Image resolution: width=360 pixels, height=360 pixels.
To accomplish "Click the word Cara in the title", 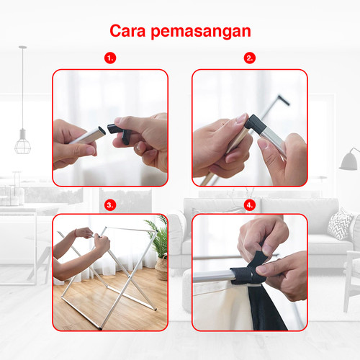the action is pos(127,31).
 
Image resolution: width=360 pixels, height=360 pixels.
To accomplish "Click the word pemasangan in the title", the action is pos(201,32).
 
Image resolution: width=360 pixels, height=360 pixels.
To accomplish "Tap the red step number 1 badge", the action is pos(110,58).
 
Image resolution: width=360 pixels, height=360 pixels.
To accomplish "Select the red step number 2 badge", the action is pos(250,58).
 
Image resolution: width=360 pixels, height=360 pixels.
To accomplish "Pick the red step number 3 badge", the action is pos(110,205).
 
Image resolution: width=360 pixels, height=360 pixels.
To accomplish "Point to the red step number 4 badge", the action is pos(250,205).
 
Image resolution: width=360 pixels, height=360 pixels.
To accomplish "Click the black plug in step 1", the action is pos(120,132).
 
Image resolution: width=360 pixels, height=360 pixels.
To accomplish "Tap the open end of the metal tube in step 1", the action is pos(102,131).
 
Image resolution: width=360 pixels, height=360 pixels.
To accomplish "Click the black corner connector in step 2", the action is pos(254,123).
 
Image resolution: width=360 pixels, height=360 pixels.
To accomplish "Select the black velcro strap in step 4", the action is pos(250,271).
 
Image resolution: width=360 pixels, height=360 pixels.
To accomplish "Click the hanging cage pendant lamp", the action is pos(22,142).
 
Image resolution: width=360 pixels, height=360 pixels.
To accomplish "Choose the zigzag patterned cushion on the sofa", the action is pos(340,224).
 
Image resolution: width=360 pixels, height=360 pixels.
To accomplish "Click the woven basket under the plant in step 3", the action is pos(162,268).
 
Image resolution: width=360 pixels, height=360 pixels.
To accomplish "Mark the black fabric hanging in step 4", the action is pos(266,307).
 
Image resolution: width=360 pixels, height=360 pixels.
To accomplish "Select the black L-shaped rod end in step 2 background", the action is pos(284,100).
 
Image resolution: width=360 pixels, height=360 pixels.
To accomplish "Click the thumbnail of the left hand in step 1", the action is pos(91,150).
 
